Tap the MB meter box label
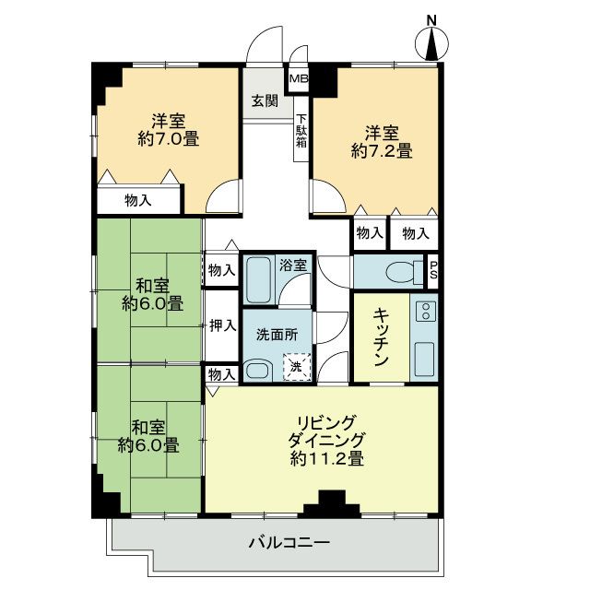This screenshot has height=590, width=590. click(x=299, y=79)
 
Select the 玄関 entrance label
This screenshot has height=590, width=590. click(x=265, y=102)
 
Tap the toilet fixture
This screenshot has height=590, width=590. click(x=399, y=271)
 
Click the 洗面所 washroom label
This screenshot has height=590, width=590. click(x=277, y=336)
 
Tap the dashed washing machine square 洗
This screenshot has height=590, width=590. click(x=295, y=367)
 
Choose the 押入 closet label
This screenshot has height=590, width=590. click(x=220, y=324)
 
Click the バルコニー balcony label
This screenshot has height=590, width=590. click(x=288, y=542)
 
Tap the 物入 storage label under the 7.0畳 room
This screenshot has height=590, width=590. click(x=139, y=199)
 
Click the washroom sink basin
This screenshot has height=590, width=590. click(x=259, y=371)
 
